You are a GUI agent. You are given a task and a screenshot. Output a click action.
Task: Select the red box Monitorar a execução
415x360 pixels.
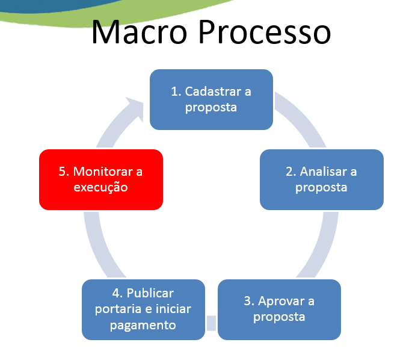pyautogui.click(x=101, y=179)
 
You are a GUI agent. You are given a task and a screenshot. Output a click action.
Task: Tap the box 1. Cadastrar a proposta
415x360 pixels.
pyautogui.click(x=211, y=99)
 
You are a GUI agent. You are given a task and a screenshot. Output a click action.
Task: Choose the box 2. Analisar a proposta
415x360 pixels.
pyautogui.click(x=322, y=179)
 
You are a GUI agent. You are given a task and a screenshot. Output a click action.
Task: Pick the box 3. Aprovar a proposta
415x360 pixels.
pyautogui.click(x=279, y=309)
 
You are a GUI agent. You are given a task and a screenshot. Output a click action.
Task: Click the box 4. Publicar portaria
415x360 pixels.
pyautogui.click(x=143, y=309)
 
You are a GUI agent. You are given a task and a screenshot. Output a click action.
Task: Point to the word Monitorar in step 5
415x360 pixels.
pyautogui.click(x=100, y=172)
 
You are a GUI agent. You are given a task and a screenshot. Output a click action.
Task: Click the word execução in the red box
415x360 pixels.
pyautogui.click(x=101, y=187)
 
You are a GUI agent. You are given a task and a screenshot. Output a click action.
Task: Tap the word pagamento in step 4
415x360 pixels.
pyautogui.click(x=143, y=325)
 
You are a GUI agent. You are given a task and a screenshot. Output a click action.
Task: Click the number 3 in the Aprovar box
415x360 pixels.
pyautogui.click(x=247, y=301)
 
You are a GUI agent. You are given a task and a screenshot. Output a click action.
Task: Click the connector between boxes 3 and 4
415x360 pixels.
pyautogui.click(x=211, y=323)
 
